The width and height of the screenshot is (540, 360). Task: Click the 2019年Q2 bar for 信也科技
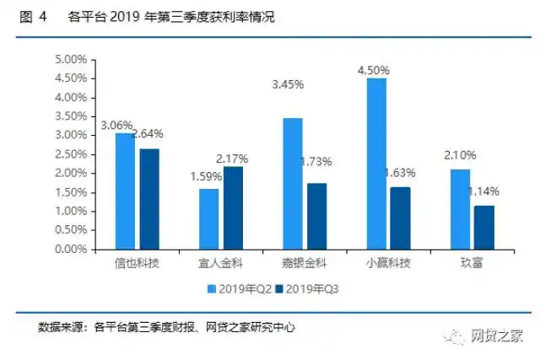[125, 191]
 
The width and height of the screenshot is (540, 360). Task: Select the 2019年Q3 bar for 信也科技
[148, 199]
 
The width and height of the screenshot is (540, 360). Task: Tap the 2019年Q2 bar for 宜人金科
[208, 219]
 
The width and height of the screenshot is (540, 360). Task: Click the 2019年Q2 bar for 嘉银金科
[292, 184]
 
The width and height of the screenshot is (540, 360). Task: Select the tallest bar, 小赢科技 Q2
[376, 164]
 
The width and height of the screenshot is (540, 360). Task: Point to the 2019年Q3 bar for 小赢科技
[400, 218]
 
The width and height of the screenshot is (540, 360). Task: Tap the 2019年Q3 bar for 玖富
[483, 228]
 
